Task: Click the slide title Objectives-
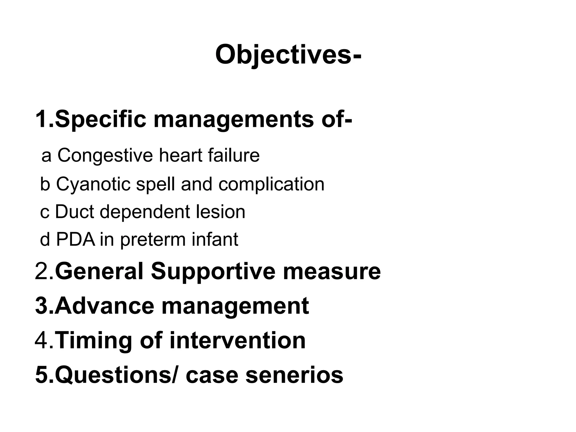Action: pos(288,55)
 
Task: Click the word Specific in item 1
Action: pos(101,119)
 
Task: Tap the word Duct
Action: pos(74,211)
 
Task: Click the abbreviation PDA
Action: pos(76,239)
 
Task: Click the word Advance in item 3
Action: pos(105,306)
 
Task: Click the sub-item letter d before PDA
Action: pos(45,239)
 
